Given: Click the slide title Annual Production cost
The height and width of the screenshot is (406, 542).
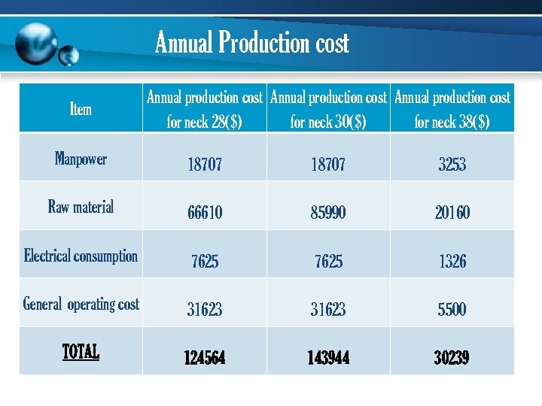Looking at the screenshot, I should point(252,43).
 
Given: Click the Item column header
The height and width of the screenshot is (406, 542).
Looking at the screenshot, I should point(81,109).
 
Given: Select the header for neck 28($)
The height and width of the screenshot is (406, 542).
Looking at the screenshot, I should point(204,109).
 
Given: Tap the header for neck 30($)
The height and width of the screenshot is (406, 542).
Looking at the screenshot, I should point(328,109).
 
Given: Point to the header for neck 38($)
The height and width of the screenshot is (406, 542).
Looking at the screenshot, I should point(452,109).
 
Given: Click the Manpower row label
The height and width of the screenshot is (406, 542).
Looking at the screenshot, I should point(81,159).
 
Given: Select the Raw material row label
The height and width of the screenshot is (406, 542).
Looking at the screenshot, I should point(81,207).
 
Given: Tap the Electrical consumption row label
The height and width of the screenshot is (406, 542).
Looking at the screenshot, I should point(81,256).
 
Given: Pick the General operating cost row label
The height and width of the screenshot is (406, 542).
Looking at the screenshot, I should point(81,304).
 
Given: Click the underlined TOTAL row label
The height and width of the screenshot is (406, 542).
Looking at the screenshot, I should point(81,351).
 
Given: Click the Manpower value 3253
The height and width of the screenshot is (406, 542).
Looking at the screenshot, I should point(452,165).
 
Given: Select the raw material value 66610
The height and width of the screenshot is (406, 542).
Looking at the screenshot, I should point(205,213).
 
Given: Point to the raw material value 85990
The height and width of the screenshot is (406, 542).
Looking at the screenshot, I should point(328,213).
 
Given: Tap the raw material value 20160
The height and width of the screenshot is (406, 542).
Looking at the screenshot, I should point(452,213).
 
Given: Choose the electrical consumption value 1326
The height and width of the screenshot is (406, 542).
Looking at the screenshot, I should point(452,261).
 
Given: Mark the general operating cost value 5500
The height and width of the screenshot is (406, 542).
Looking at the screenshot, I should point(452,309).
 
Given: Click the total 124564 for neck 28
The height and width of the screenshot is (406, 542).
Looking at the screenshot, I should point(205,358).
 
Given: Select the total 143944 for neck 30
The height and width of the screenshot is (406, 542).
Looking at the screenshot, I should point(328,358).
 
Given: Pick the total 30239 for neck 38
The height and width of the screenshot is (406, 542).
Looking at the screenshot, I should point(452,358).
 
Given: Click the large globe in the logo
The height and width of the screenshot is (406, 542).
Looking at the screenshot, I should point(36,44).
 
